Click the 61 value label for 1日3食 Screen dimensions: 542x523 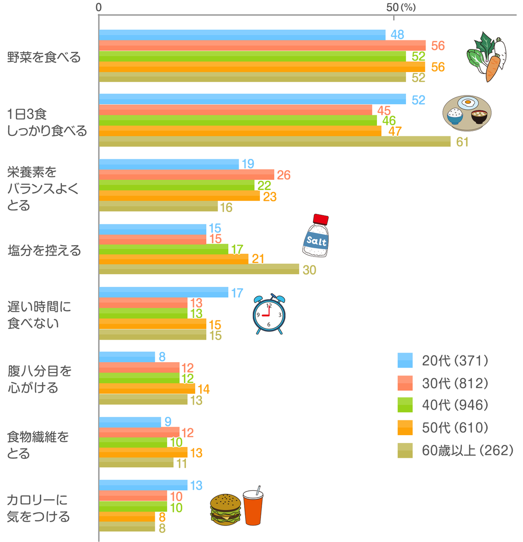(x=462, y=142)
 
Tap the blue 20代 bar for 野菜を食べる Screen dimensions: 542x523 (x=242, y=35)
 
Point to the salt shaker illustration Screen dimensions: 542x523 (x=316, y=235)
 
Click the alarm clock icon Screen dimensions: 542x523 (x=269, y=314)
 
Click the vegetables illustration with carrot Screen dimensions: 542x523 (x=488, y=56)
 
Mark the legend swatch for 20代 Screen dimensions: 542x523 (x=405, y=360)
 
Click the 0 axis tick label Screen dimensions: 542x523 (x=99, y=7)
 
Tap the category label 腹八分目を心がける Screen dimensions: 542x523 (x=39, y=379)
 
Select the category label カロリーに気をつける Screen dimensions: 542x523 (x=38, y=508)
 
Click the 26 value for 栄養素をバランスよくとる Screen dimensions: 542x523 (x=283, y=175)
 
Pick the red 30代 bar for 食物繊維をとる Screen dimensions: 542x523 (x=138, y=433)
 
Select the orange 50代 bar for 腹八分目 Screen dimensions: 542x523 (x=147, y=389)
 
